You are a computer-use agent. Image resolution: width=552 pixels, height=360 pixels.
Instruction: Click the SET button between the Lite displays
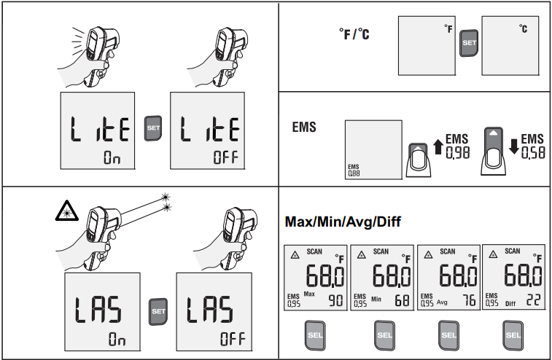tap(152, 128)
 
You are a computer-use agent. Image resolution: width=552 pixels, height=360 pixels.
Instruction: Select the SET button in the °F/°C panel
tap(469, 42)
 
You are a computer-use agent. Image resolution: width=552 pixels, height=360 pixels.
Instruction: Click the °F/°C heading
tap(354, 34)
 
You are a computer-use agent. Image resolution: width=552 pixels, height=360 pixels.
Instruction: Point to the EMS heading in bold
tap(303, 128)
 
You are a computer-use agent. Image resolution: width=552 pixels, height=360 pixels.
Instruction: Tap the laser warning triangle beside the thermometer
tap(66, 211)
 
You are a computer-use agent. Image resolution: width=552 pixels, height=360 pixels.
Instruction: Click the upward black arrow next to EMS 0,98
tap(438, 146)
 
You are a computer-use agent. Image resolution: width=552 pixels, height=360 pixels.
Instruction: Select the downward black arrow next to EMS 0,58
tap(514, 146)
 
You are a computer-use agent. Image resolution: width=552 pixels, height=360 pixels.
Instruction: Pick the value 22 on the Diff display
tap(534, 300)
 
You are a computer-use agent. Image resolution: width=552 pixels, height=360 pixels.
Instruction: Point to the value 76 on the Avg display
tap(468, 300)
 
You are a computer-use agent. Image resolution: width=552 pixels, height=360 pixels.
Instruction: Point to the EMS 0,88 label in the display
tap(354, 172)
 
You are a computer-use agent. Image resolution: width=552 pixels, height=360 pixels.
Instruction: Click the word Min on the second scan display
tap(376, 299)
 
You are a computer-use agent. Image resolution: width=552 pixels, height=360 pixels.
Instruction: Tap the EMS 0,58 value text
tap(533, 146)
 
